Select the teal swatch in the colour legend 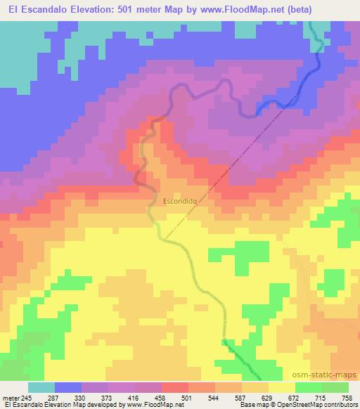(41, 387)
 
